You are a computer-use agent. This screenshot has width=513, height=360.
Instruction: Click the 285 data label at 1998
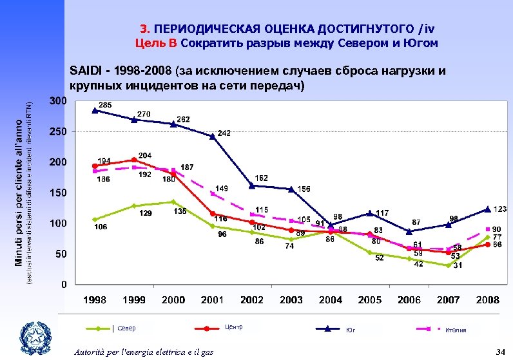(106, 104)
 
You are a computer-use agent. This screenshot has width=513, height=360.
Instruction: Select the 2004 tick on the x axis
(331, 299)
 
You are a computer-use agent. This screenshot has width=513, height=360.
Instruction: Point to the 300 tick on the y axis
(57, 101)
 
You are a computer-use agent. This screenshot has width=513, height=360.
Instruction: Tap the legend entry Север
(126, 328)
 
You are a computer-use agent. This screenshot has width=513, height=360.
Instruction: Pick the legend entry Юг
(351, 330)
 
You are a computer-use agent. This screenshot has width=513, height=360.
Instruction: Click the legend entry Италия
(455, 330)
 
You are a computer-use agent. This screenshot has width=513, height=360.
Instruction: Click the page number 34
(499, 351)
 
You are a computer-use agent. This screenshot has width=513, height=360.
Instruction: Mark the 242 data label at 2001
(224, 133)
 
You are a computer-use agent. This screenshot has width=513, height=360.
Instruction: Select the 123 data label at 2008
(500, 209)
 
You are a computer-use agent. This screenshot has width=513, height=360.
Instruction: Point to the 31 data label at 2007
(457, 265)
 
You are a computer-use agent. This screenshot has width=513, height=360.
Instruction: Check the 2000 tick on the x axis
(173, 299)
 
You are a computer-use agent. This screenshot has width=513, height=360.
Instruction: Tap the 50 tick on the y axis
(60, 254)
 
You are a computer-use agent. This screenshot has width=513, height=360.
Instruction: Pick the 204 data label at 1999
(145, 155)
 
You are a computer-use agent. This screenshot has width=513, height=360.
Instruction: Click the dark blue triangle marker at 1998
(95, 110)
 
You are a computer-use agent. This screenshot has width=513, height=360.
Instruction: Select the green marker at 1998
(95, 219)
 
